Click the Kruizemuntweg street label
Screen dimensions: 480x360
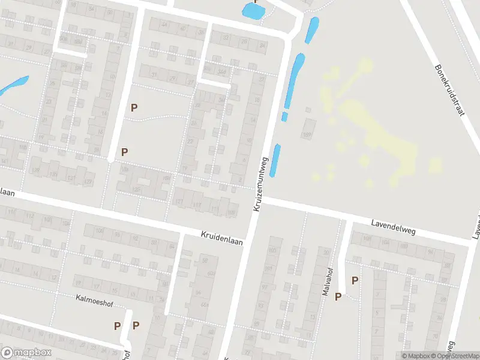coord(259,184)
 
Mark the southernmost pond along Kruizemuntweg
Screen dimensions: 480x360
coord(275,160)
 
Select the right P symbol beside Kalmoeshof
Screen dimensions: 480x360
coord(136,326)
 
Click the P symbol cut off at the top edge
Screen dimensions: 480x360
coord(257,2)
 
